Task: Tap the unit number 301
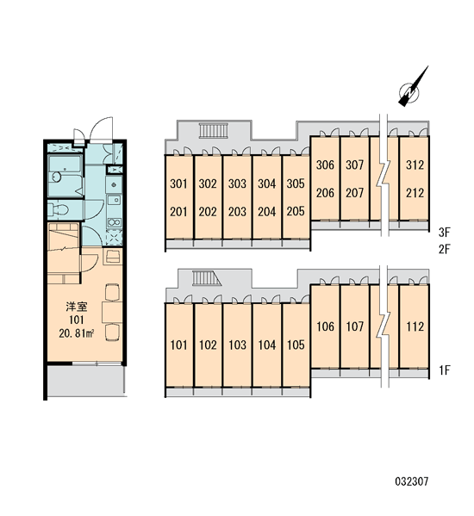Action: click(178, 183)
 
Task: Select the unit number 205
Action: click(296, 211)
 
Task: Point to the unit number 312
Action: click(415, 165)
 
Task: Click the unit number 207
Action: click(354, 193)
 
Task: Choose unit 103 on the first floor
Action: click(237, 345)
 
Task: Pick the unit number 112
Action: click(415, 326)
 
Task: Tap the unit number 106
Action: click(325, 326)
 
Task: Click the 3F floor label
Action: click(444, 233)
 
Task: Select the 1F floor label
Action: click(444, 370)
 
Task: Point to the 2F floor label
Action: click(444, 249)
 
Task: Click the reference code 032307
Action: click(412, 482)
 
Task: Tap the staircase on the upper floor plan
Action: click(214, 131)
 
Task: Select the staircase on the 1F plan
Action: click(207, 278)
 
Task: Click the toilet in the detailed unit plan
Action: click(59, 209)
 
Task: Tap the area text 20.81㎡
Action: click(77, 333)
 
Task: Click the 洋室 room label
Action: click(77, 307)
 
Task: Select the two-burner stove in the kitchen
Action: click(114, 222)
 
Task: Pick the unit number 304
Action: click(266, 183)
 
